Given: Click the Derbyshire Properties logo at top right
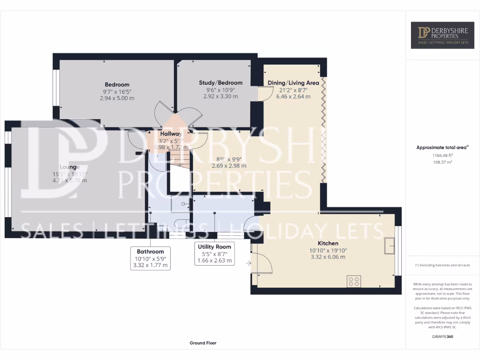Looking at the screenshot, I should coord(442,35).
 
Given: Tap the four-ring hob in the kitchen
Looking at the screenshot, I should coord(353,281).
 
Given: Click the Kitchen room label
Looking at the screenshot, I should coord(328,243).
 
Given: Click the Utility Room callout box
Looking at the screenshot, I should coord(214,254).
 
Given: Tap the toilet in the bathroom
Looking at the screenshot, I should coord(181,224).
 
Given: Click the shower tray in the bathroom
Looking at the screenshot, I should coord(180,203).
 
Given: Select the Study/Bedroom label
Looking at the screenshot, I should coord(220,83).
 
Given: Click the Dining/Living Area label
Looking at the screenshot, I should coord(293,83).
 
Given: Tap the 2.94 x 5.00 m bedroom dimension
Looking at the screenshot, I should coord(117,98).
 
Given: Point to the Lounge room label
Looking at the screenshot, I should coord(69,167).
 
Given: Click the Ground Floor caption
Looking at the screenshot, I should coord(203,343).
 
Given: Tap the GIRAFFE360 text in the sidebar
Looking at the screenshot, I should coord(442,337).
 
